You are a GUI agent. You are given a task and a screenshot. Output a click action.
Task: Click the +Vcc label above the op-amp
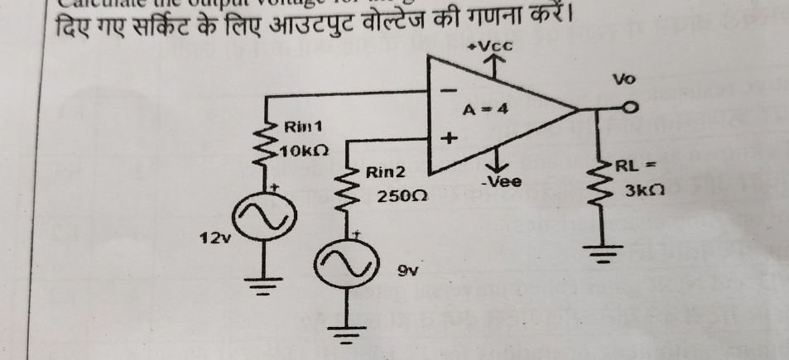pos(492,46)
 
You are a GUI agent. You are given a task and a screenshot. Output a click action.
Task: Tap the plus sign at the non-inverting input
pos(450,139)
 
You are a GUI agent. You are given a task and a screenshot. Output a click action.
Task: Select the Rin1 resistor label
pos(303,127)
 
